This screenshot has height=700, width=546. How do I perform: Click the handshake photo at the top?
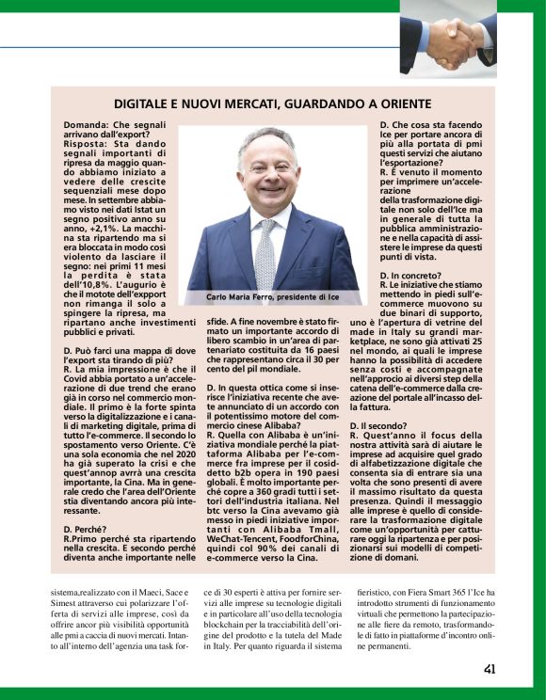(x=447, y=42)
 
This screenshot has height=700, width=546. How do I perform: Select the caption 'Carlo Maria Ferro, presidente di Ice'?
(x=273, y=297)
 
